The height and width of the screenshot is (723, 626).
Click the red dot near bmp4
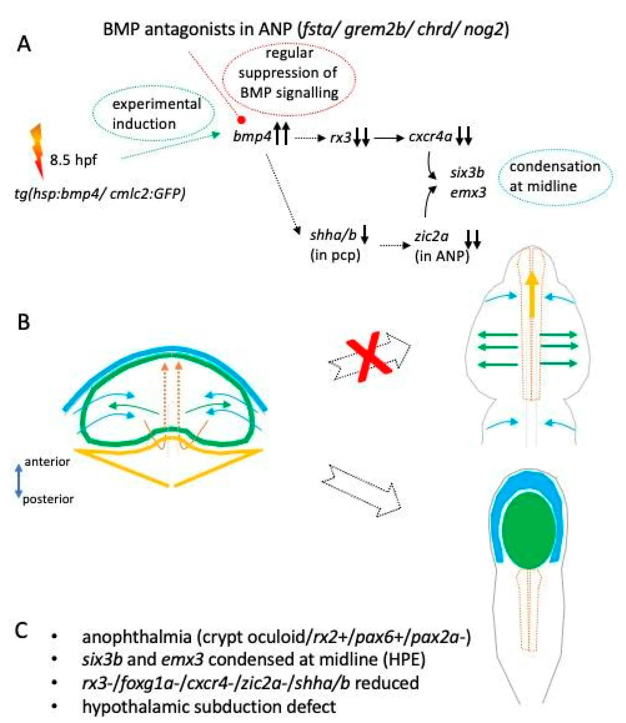click(241, 120)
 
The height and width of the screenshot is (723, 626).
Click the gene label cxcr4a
click(430, 137)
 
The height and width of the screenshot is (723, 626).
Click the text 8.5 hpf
click(73, 160)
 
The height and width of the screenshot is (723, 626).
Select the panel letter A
click(24, 45)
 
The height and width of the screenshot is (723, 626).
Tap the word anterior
click(47, 462)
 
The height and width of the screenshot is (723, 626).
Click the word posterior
click(48, 499)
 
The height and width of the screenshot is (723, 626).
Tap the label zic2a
click(431, 236)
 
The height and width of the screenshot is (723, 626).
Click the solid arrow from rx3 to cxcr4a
click(389, 138)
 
